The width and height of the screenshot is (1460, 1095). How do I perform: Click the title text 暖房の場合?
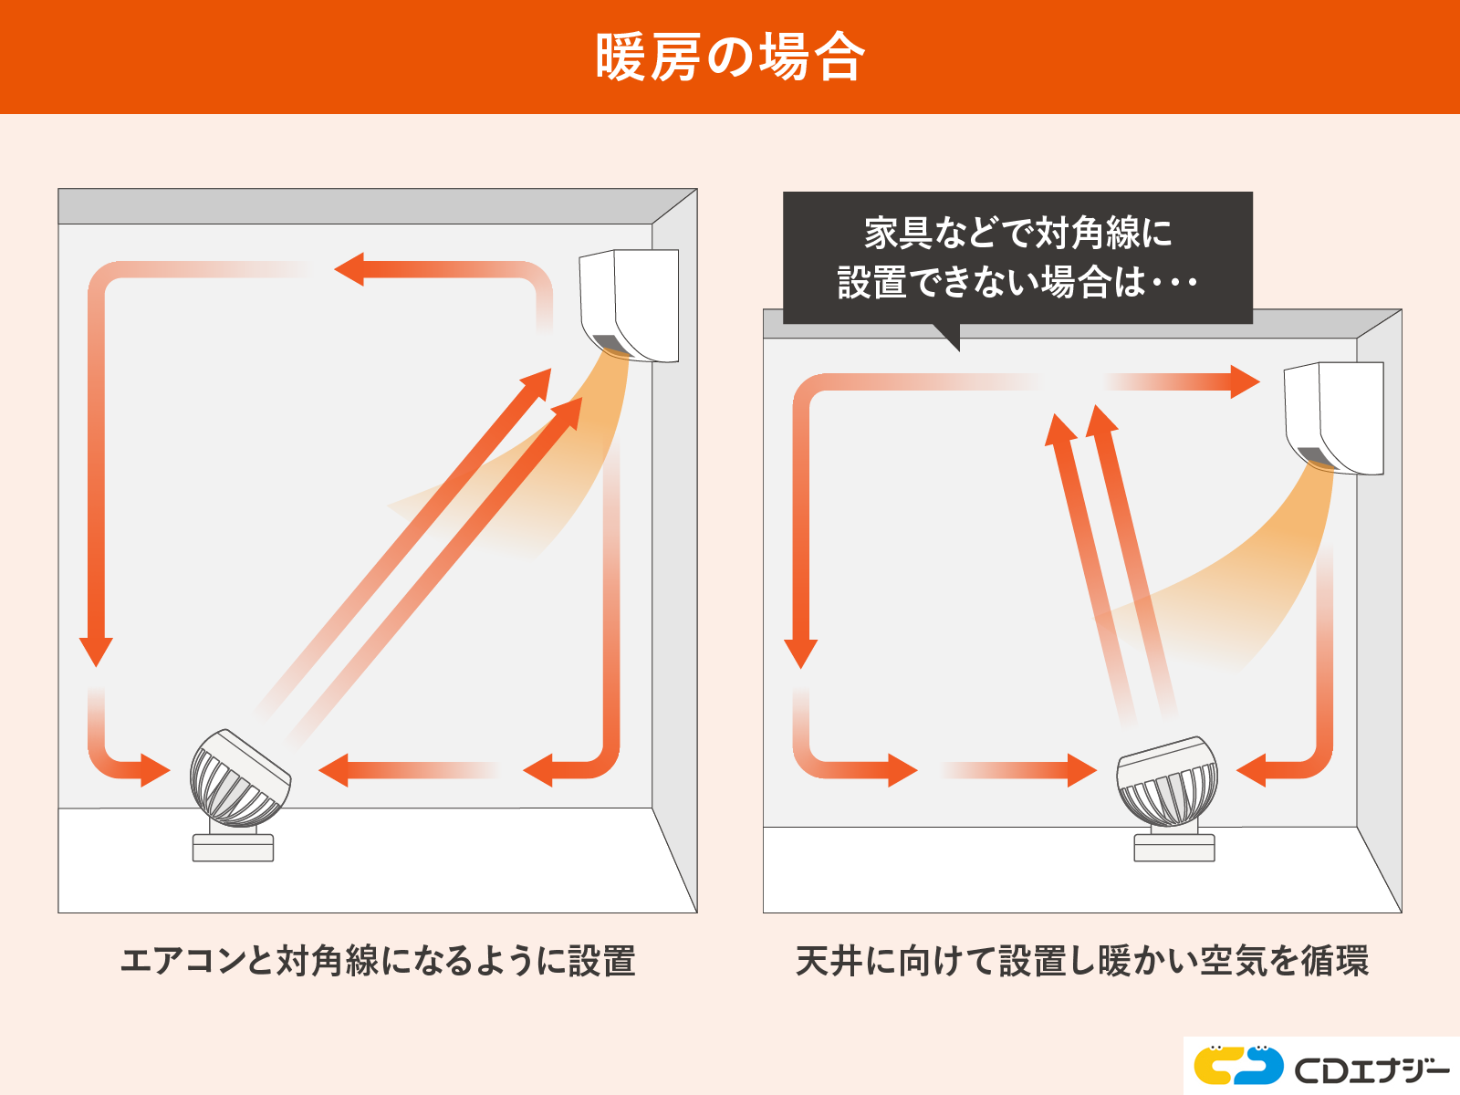[730, 57]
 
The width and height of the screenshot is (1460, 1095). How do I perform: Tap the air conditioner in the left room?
[630, 305]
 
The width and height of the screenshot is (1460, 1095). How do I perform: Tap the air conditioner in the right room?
[1334, 418]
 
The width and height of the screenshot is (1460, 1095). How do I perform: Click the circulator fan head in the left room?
[239, 777]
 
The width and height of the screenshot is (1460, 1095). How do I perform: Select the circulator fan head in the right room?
[1167, 781]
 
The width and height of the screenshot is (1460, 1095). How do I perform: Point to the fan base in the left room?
[233, 847]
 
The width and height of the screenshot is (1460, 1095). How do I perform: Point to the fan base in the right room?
[1174, 847]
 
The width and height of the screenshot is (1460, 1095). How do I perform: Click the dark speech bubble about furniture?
[1017, 258]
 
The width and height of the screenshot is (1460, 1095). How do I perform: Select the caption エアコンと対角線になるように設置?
[378, 962]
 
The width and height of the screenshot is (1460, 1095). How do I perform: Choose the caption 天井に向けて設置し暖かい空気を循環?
[1082, 962]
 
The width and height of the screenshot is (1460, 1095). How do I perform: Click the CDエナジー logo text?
[1371, 1069]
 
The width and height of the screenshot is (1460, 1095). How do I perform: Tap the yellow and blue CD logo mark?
[1238, 1065]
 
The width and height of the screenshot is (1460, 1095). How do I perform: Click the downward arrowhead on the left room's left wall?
[96, 652]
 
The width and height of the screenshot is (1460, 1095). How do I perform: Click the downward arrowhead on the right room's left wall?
[801, 653]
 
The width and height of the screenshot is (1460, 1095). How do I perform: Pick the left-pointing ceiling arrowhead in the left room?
[349, 269]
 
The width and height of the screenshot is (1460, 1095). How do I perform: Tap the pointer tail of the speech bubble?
[950, 337]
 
